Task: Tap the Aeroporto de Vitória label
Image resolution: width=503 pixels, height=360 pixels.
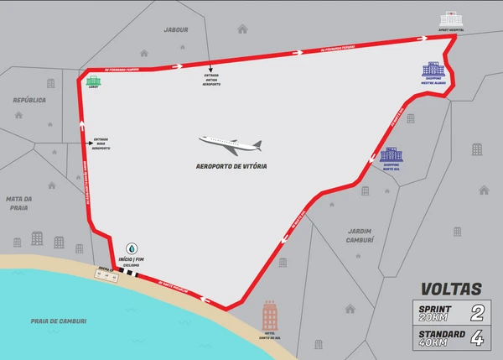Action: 230,166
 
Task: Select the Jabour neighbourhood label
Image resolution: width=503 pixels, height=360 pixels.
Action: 176,29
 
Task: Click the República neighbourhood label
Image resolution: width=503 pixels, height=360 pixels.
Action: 29,99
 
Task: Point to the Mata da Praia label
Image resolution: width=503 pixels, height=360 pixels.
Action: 18,204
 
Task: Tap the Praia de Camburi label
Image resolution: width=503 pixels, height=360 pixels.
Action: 59,320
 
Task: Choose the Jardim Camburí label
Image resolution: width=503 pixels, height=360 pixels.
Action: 360,234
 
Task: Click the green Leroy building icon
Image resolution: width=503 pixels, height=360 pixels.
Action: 93,81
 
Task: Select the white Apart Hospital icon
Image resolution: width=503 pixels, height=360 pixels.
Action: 450,18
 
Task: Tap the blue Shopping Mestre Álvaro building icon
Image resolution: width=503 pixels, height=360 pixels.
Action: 433,70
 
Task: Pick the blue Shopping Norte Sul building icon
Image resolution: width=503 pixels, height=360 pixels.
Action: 391,155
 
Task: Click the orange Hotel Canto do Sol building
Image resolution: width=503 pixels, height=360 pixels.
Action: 270,316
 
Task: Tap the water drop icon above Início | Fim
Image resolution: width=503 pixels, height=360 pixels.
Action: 131,249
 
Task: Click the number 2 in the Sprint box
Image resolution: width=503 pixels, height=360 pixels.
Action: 478,314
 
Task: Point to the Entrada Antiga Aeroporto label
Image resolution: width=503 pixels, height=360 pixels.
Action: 211,80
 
